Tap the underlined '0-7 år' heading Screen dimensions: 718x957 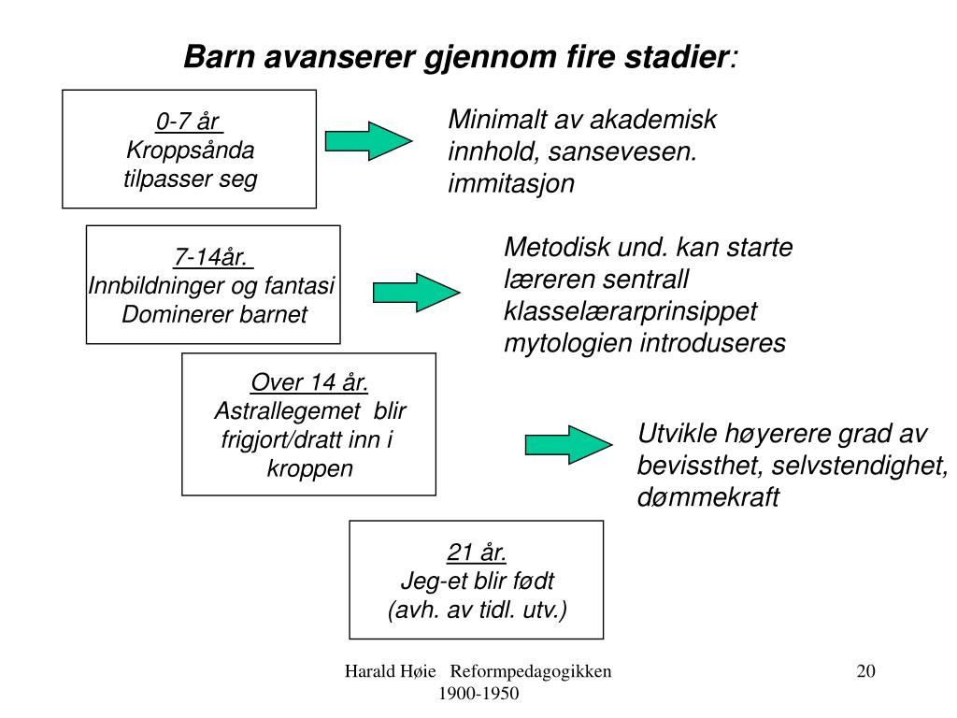point(188,122)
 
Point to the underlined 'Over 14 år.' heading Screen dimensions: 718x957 point(309,382)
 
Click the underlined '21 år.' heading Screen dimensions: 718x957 point(477,552)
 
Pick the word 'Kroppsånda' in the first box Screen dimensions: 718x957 point(190,150)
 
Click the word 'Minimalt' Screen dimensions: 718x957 point(497,120)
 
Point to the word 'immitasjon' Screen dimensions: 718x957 point(511,183)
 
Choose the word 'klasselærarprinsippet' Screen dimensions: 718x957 point(631,311)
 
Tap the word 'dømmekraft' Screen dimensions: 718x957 point(707,497)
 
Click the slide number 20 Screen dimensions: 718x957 point(865,671)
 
